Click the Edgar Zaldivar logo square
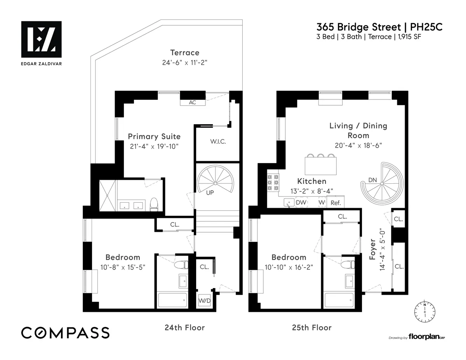coord(41,39)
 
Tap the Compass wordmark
coord(65,333)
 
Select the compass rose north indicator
coord(425,311)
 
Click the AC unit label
coord(192,103)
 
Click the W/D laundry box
coord(204,301)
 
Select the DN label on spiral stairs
coord(372,180)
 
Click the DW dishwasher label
coord(301,202)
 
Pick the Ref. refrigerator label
coord(336,203)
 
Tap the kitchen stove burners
coord(272,181)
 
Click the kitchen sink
coord(288,202)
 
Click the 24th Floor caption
coord(184,328)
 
